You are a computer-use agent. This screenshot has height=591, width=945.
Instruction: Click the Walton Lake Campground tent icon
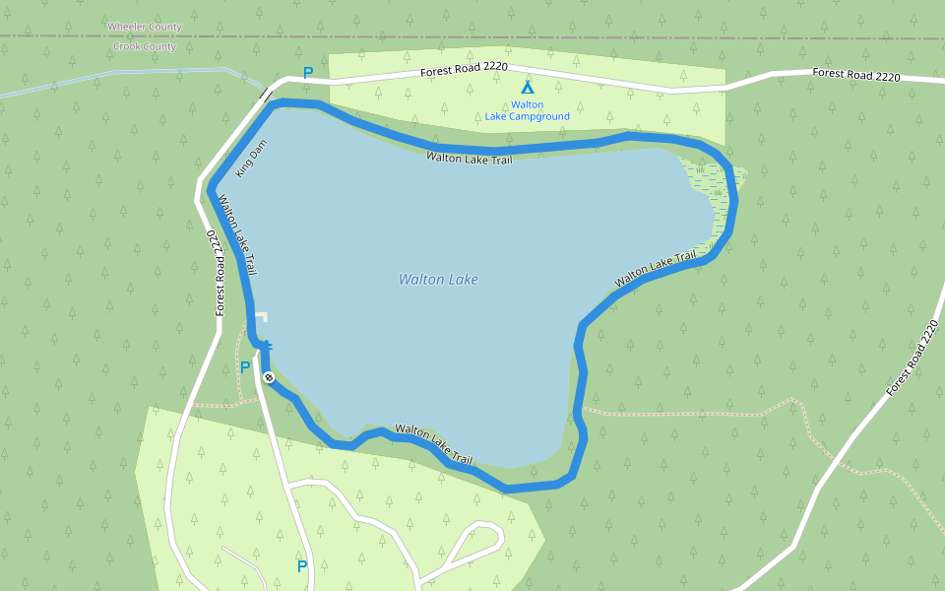[x=527, y=88]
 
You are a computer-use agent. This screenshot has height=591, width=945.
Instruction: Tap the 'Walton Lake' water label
[x=438, y=280]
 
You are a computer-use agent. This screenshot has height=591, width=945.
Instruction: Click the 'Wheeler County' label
[x=145, y=27]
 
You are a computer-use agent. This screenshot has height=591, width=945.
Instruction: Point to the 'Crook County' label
[x=145, y=46]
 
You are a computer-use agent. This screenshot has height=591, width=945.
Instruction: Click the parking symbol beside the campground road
[x=308, y=73]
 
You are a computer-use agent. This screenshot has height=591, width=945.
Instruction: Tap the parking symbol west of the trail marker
[x=245, y=367]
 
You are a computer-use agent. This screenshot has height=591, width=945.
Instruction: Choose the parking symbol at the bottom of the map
[x=302, y=566]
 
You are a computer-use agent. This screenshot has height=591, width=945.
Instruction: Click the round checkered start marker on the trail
[x=268, y=377]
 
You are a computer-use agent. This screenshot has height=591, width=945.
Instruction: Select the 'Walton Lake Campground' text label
[x=527, y=110]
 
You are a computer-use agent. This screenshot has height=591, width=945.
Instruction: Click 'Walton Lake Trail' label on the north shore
[x=470, y=159]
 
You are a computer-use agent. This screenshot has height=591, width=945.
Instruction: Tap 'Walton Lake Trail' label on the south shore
[x=433, y=444]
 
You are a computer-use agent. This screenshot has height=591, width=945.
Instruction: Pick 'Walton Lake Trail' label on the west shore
[x=237, y=234]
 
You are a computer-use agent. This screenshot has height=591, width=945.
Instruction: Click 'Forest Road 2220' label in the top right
[x=855, y=75]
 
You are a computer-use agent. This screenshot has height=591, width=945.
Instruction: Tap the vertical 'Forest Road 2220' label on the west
[x=215, y=273]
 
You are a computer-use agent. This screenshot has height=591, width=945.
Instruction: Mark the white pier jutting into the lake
[x=262, y=316]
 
